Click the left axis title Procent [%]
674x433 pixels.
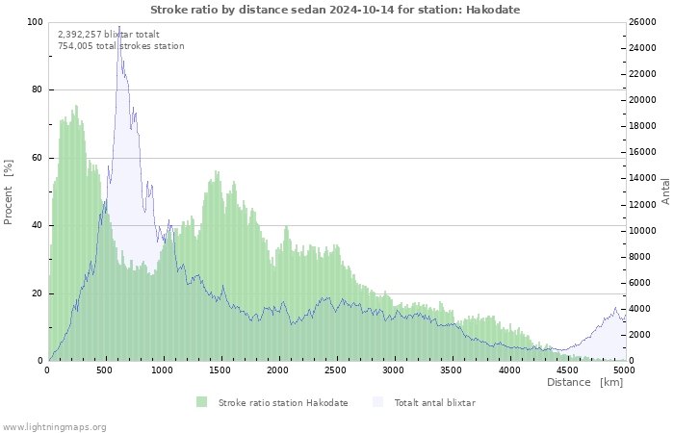[9, 191]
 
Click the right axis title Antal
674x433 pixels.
[665, 191]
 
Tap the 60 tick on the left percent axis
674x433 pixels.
[38, 158]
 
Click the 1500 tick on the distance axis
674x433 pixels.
[220, 369]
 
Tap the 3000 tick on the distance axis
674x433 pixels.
[394, 369]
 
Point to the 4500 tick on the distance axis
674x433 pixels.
[567, 369]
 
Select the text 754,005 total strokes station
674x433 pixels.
[121, 46]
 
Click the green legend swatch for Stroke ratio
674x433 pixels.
[201, 402]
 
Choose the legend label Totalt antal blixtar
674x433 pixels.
[434, 402]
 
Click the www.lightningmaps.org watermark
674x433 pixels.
[54, 426]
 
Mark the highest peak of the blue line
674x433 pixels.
[119, 27]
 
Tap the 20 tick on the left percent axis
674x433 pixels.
[38, 293]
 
